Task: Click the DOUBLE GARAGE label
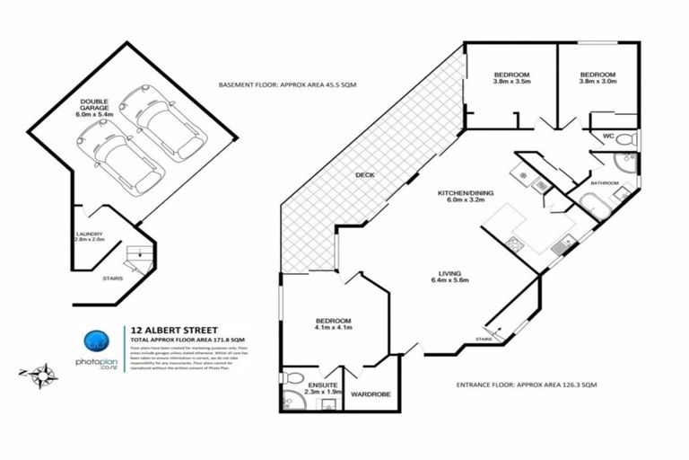[93, 107]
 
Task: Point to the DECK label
[364, 174]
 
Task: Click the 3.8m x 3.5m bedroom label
[512, 79]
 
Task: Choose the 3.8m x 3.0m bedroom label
[597, 79]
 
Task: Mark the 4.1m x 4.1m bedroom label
[332, 326]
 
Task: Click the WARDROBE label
[369, 394]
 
